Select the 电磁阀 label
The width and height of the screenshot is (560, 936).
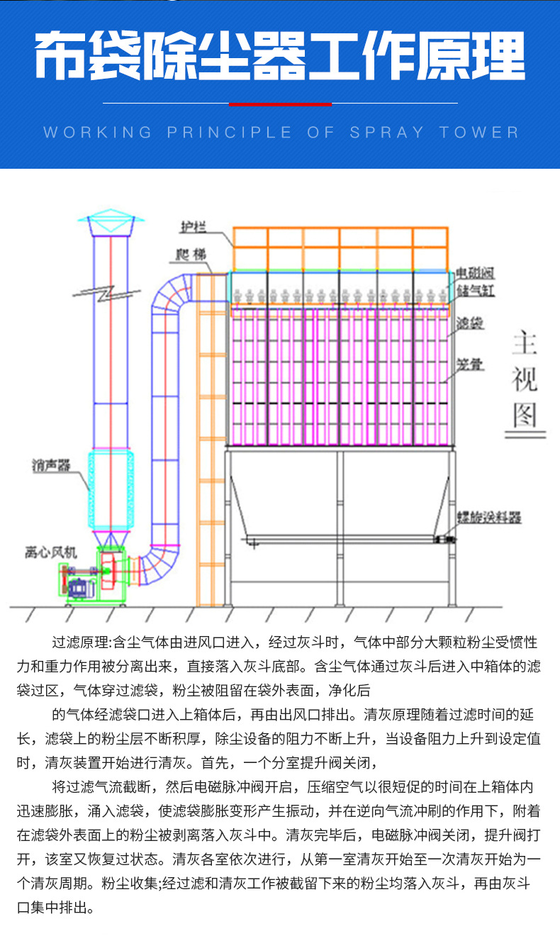[474, 272]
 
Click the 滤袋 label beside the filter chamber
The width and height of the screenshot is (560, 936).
[470, 323]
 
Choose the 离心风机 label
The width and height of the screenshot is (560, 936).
[50, 552]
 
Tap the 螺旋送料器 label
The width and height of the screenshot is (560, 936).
[488, 517]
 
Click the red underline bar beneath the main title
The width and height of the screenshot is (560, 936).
[280, 104]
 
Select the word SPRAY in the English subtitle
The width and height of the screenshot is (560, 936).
[386, 133]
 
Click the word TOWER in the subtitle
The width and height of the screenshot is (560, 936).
[478, 133]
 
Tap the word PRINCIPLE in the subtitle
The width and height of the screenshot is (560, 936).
[229, 133]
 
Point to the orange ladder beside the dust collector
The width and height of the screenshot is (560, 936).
[205, 440]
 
